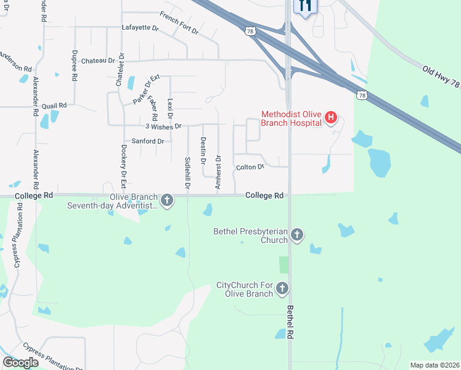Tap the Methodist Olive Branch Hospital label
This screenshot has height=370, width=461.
click(x=292, y=118)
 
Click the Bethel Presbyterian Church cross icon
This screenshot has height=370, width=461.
click(x=297, y=235)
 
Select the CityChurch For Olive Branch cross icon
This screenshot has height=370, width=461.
click(x=282, y=288)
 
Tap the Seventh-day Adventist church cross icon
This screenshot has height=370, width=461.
click(x=166, y=200)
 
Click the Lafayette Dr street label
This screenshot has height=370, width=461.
click(x=141, y=28)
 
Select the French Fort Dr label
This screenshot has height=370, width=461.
click(x=179, y=23)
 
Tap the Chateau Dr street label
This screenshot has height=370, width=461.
click(x=98, y=60)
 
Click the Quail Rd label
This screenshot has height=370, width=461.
click(x=54, y=105)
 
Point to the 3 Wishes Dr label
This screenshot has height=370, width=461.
click(x=163, y=126)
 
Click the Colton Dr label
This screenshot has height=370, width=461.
click(x=250, y=167)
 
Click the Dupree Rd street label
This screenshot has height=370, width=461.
click(x=75, y=65)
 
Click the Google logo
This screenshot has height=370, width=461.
click(x=21, y=362)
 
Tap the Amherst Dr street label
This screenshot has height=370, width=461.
click(x=218, y=171)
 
